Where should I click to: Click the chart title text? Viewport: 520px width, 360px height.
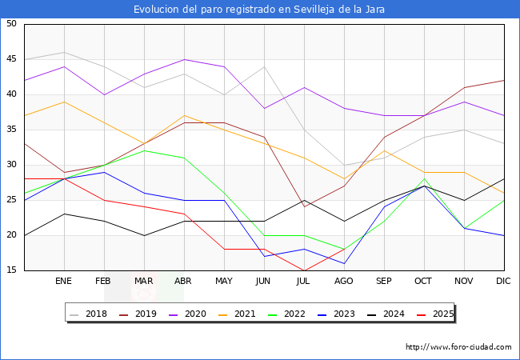260,10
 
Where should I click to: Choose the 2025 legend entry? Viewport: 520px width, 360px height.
436,314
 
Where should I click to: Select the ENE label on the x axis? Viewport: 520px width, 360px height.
64,282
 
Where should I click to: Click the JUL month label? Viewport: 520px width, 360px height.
304,282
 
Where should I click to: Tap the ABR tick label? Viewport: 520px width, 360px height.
184,282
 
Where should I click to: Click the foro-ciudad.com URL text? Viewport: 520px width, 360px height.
458,347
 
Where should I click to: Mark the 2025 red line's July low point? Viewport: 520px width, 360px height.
304,270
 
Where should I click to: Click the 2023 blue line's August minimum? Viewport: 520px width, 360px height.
344,263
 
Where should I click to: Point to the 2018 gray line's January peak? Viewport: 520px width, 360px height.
64,52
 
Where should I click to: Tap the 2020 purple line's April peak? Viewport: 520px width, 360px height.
184,59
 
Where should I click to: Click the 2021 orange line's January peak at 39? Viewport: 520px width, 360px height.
64,102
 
